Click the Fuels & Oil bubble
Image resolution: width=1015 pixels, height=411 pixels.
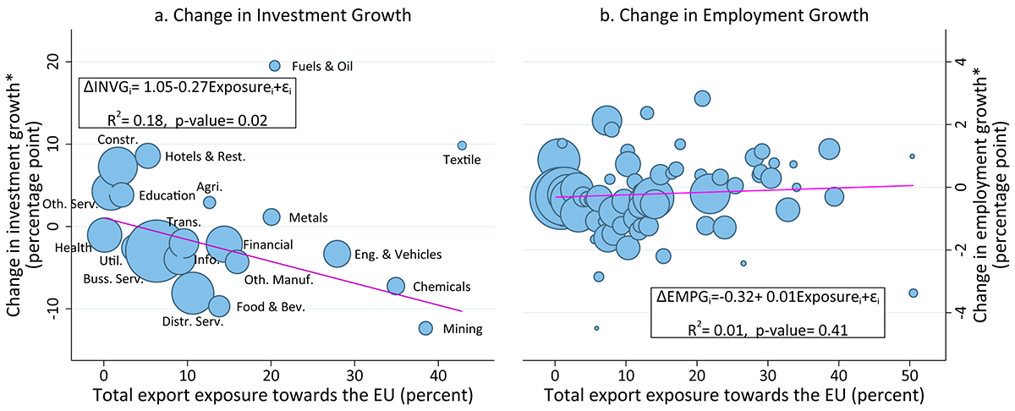(x=274, y=66)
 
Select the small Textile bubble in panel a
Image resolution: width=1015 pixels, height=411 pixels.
(x=462, y=145)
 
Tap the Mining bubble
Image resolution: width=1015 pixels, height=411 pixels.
(x=425, y=328)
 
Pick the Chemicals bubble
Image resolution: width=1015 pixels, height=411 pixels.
(x=395, y=286)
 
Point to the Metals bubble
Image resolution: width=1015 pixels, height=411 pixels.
(x=272, y=217)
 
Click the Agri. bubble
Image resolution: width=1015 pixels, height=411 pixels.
(x=210, y=202)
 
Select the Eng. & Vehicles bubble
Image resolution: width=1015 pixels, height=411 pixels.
(x=337, y=253)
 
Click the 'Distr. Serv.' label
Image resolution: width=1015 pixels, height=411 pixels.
(x=187, y=321)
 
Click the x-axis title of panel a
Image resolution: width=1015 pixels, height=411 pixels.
(x=282, y=395)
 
